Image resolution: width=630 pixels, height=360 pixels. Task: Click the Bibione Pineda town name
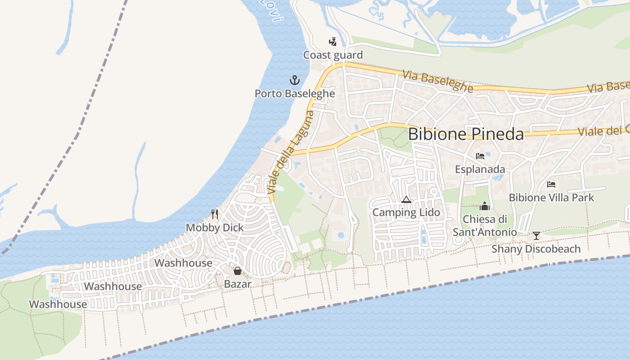466,135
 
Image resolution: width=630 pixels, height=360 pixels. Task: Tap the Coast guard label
333,55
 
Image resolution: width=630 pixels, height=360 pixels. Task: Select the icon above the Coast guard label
333,42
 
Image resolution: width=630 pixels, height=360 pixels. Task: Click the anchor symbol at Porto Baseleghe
294,81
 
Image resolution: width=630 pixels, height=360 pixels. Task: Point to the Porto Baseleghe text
295,94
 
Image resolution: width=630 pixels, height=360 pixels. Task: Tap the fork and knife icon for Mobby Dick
215,214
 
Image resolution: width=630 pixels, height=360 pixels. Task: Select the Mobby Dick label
215,228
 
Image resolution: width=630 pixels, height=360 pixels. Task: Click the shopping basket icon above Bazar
237,271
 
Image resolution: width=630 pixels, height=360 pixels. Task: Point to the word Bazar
237,284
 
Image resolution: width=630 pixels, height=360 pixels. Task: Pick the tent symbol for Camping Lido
406,199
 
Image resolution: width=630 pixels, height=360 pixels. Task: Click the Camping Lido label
406,212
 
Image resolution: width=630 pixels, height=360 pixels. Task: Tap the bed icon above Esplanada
480,156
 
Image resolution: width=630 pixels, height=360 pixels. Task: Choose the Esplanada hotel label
480,170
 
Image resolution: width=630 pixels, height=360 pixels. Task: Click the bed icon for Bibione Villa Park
551,184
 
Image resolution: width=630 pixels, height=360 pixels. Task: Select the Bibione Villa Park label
551,198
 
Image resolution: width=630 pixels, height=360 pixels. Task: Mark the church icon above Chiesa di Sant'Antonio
485,206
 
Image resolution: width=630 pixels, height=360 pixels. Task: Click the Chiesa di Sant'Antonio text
485,226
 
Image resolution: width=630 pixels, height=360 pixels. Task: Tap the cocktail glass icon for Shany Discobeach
536,235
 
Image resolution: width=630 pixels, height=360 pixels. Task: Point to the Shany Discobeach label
536,249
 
